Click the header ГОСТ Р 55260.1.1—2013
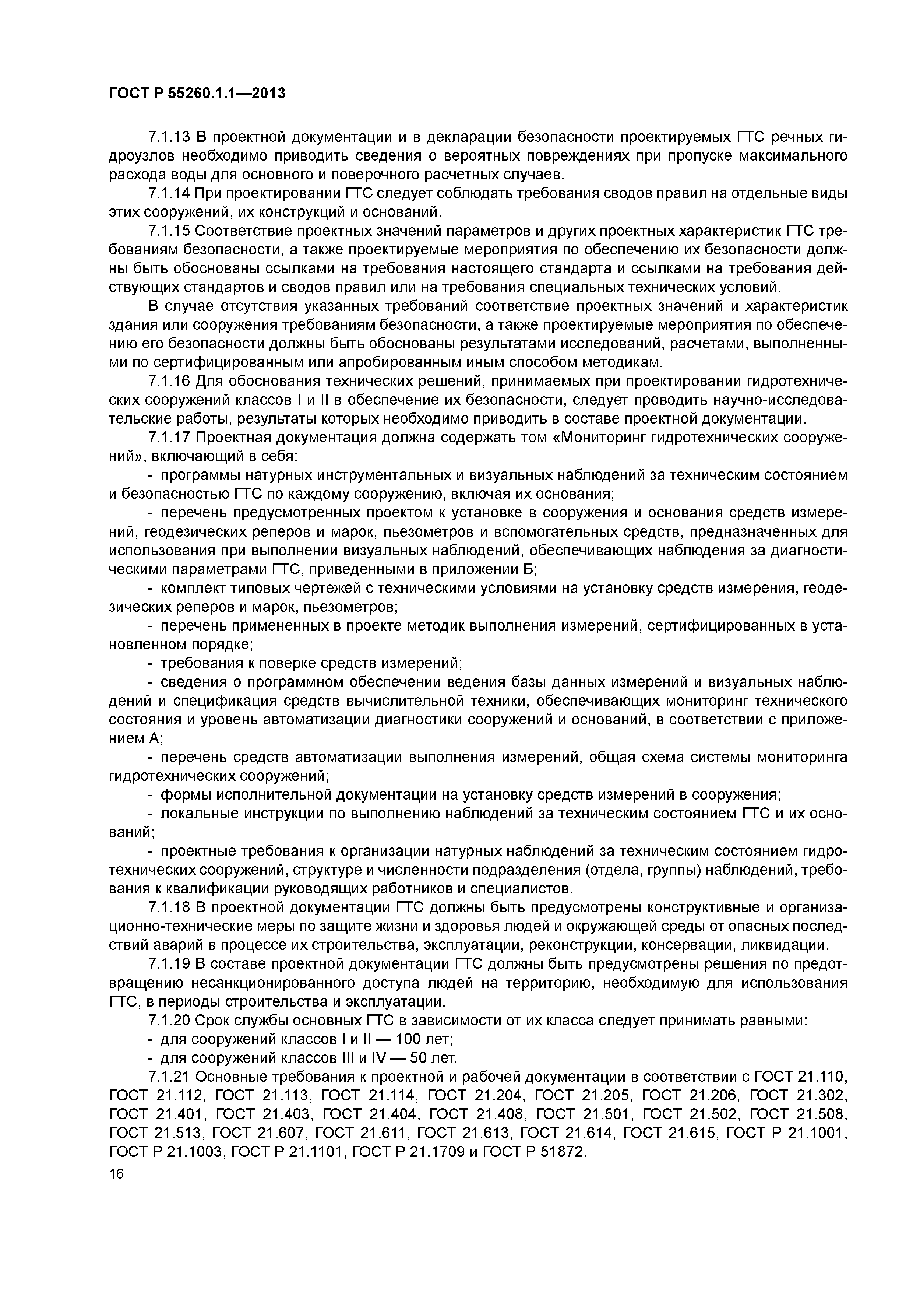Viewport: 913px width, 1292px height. click(x=197, y=93)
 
